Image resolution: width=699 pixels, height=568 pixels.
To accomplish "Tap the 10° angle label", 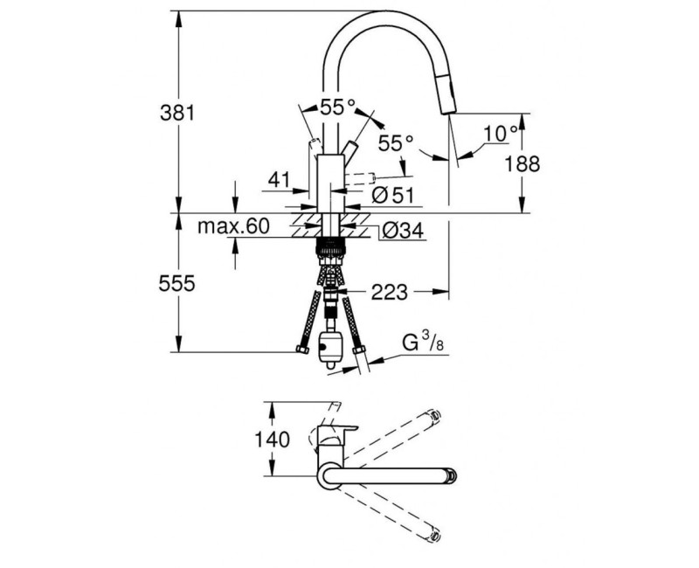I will pos(499,134).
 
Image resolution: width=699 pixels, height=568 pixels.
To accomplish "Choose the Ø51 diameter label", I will pos(391,197).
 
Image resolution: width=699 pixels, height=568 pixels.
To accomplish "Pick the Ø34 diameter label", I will pos(401,231).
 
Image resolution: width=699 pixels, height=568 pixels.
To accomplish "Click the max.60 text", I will pos(232,226).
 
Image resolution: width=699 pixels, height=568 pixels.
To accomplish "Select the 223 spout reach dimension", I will pos(390,293).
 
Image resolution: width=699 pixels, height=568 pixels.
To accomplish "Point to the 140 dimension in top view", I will pos(274,440).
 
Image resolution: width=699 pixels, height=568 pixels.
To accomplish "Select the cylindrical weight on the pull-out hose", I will pos(331,347).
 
